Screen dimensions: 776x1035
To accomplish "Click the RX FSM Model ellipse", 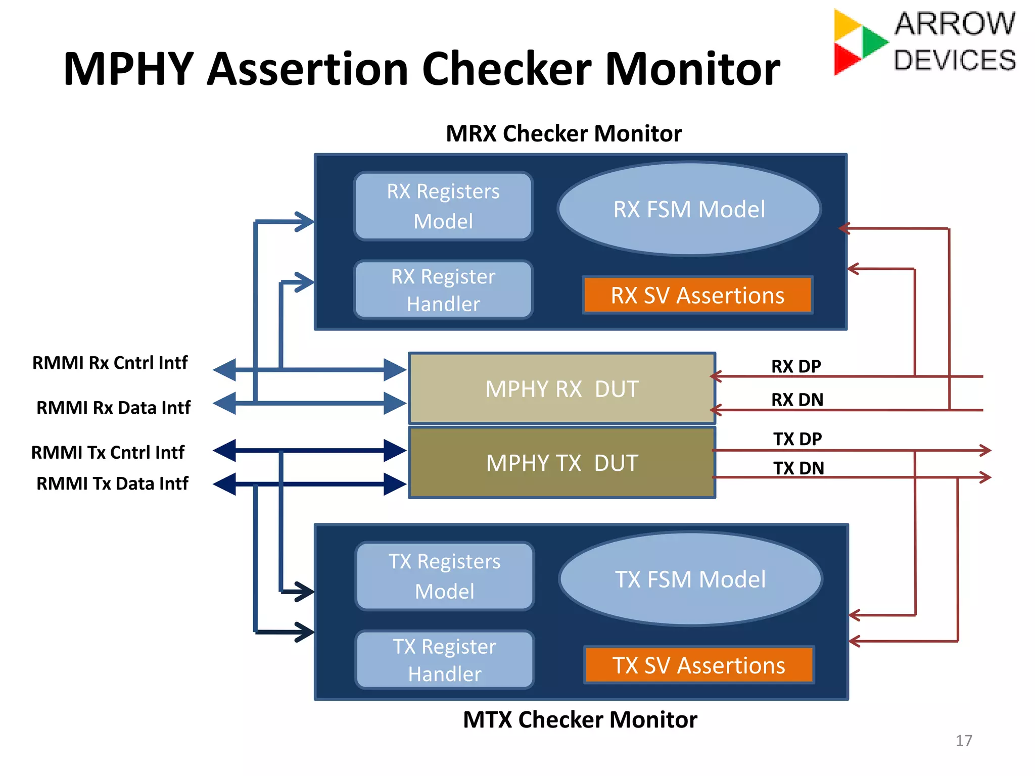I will point(689,209).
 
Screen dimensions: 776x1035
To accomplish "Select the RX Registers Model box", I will point(443,206).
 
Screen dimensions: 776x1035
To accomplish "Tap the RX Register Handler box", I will point(443,290).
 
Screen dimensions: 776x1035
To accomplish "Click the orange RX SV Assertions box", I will point(697,295).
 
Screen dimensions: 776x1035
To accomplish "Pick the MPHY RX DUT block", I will point(562,389).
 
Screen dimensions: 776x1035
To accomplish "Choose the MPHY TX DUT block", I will point(562,463).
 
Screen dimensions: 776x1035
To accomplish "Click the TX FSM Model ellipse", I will point(690,579).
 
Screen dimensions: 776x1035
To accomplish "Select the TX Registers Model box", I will point(444,576).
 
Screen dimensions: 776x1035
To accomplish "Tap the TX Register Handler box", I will point(444,660).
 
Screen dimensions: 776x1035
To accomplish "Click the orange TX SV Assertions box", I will point(699,665).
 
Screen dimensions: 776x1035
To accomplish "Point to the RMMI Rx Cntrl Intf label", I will point(110,363).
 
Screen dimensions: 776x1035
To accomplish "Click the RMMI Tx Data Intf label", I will point(112,483).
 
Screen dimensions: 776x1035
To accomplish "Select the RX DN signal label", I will point(797,400).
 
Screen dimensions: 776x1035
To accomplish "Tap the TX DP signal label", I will point(797,439).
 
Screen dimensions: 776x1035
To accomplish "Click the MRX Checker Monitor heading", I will point(563,134).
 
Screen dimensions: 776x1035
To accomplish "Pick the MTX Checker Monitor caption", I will point(580,719).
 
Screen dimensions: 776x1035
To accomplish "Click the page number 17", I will point(963,741).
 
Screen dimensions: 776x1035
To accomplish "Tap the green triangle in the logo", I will point(873,41).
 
